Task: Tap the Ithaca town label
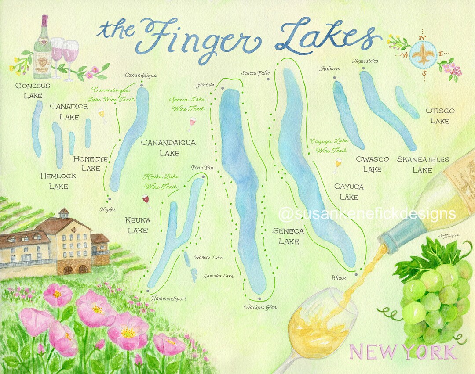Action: [x=339, y=278]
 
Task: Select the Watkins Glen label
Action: [x=261, y=307]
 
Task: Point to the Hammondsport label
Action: [x=168, y=298]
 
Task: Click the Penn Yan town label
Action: [x=202, y=168]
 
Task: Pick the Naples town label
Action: [x=108, y=209]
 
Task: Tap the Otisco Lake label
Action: [x=440, y=116]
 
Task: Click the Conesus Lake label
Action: [x=33, y=90]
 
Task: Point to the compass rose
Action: [x=424, y=56]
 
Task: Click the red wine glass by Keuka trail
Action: [x=146, y=201]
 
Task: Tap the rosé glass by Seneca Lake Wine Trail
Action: [x=192, y=124]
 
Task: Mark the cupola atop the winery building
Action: [x=64, y=213]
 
